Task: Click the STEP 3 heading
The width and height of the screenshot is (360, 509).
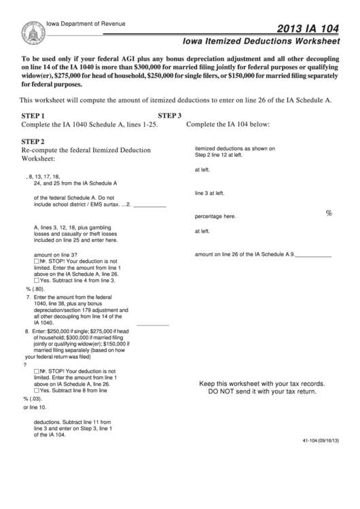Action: tap(169, 116)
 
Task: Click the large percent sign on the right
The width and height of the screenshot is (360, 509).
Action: tap(329, 213)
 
